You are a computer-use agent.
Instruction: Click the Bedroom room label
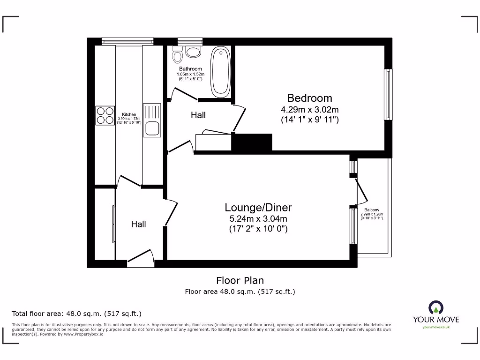click(x=309, y=98)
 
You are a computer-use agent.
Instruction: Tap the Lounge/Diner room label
click(x=258, y=208)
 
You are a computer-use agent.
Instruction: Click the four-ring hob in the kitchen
click(x=105, y=115)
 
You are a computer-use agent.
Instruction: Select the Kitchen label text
click(x=129, y=114)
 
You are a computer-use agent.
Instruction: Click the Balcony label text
click(x=372, y=210)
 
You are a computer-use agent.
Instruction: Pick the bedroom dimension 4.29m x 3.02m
click(x=309, y=110)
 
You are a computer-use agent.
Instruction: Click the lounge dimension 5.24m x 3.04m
click(x=258, y=218)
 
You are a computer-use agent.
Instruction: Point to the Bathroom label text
click(x=190, y=69)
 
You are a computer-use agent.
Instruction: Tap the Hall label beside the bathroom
click(x=198, y=115)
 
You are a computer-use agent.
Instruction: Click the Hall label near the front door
click(x=138, y=225)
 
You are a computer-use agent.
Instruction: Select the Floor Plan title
click(x=240, y=280)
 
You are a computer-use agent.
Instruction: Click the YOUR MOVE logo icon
click(x=435, y=307)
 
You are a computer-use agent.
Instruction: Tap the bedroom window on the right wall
click(x=388, y=95)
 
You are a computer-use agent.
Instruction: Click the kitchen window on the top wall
click(x=128, y=41)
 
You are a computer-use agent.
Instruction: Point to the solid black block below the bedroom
click(x=252, y=142)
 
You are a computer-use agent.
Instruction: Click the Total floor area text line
click(x=76, y=314)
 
